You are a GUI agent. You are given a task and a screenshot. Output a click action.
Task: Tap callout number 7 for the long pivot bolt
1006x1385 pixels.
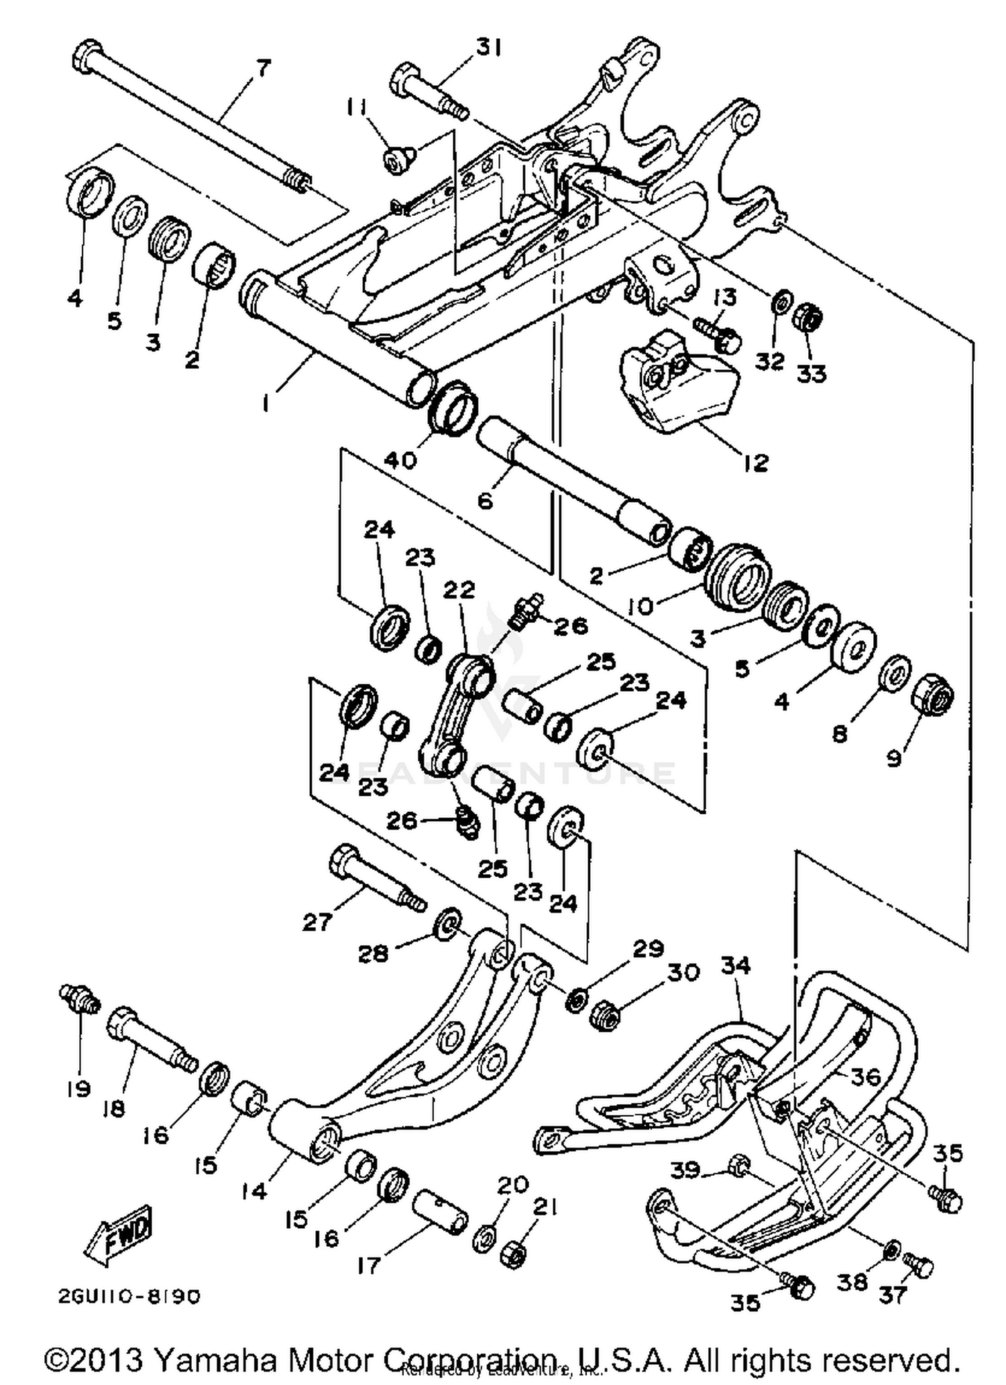262,68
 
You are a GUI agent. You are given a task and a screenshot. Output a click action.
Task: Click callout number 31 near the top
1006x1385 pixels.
488,48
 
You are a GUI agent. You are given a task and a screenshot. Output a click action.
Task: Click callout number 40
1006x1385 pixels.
401,459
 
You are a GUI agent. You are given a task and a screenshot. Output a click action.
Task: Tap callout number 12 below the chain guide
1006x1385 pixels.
756,462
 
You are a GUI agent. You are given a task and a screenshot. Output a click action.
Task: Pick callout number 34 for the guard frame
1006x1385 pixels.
736,966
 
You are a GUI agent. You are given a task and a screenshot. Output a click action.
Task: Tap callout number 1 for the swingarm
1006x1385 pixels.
266,403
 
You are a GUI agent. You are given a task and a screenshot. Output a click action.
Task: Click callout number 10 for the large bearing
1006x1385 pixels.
640,607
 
